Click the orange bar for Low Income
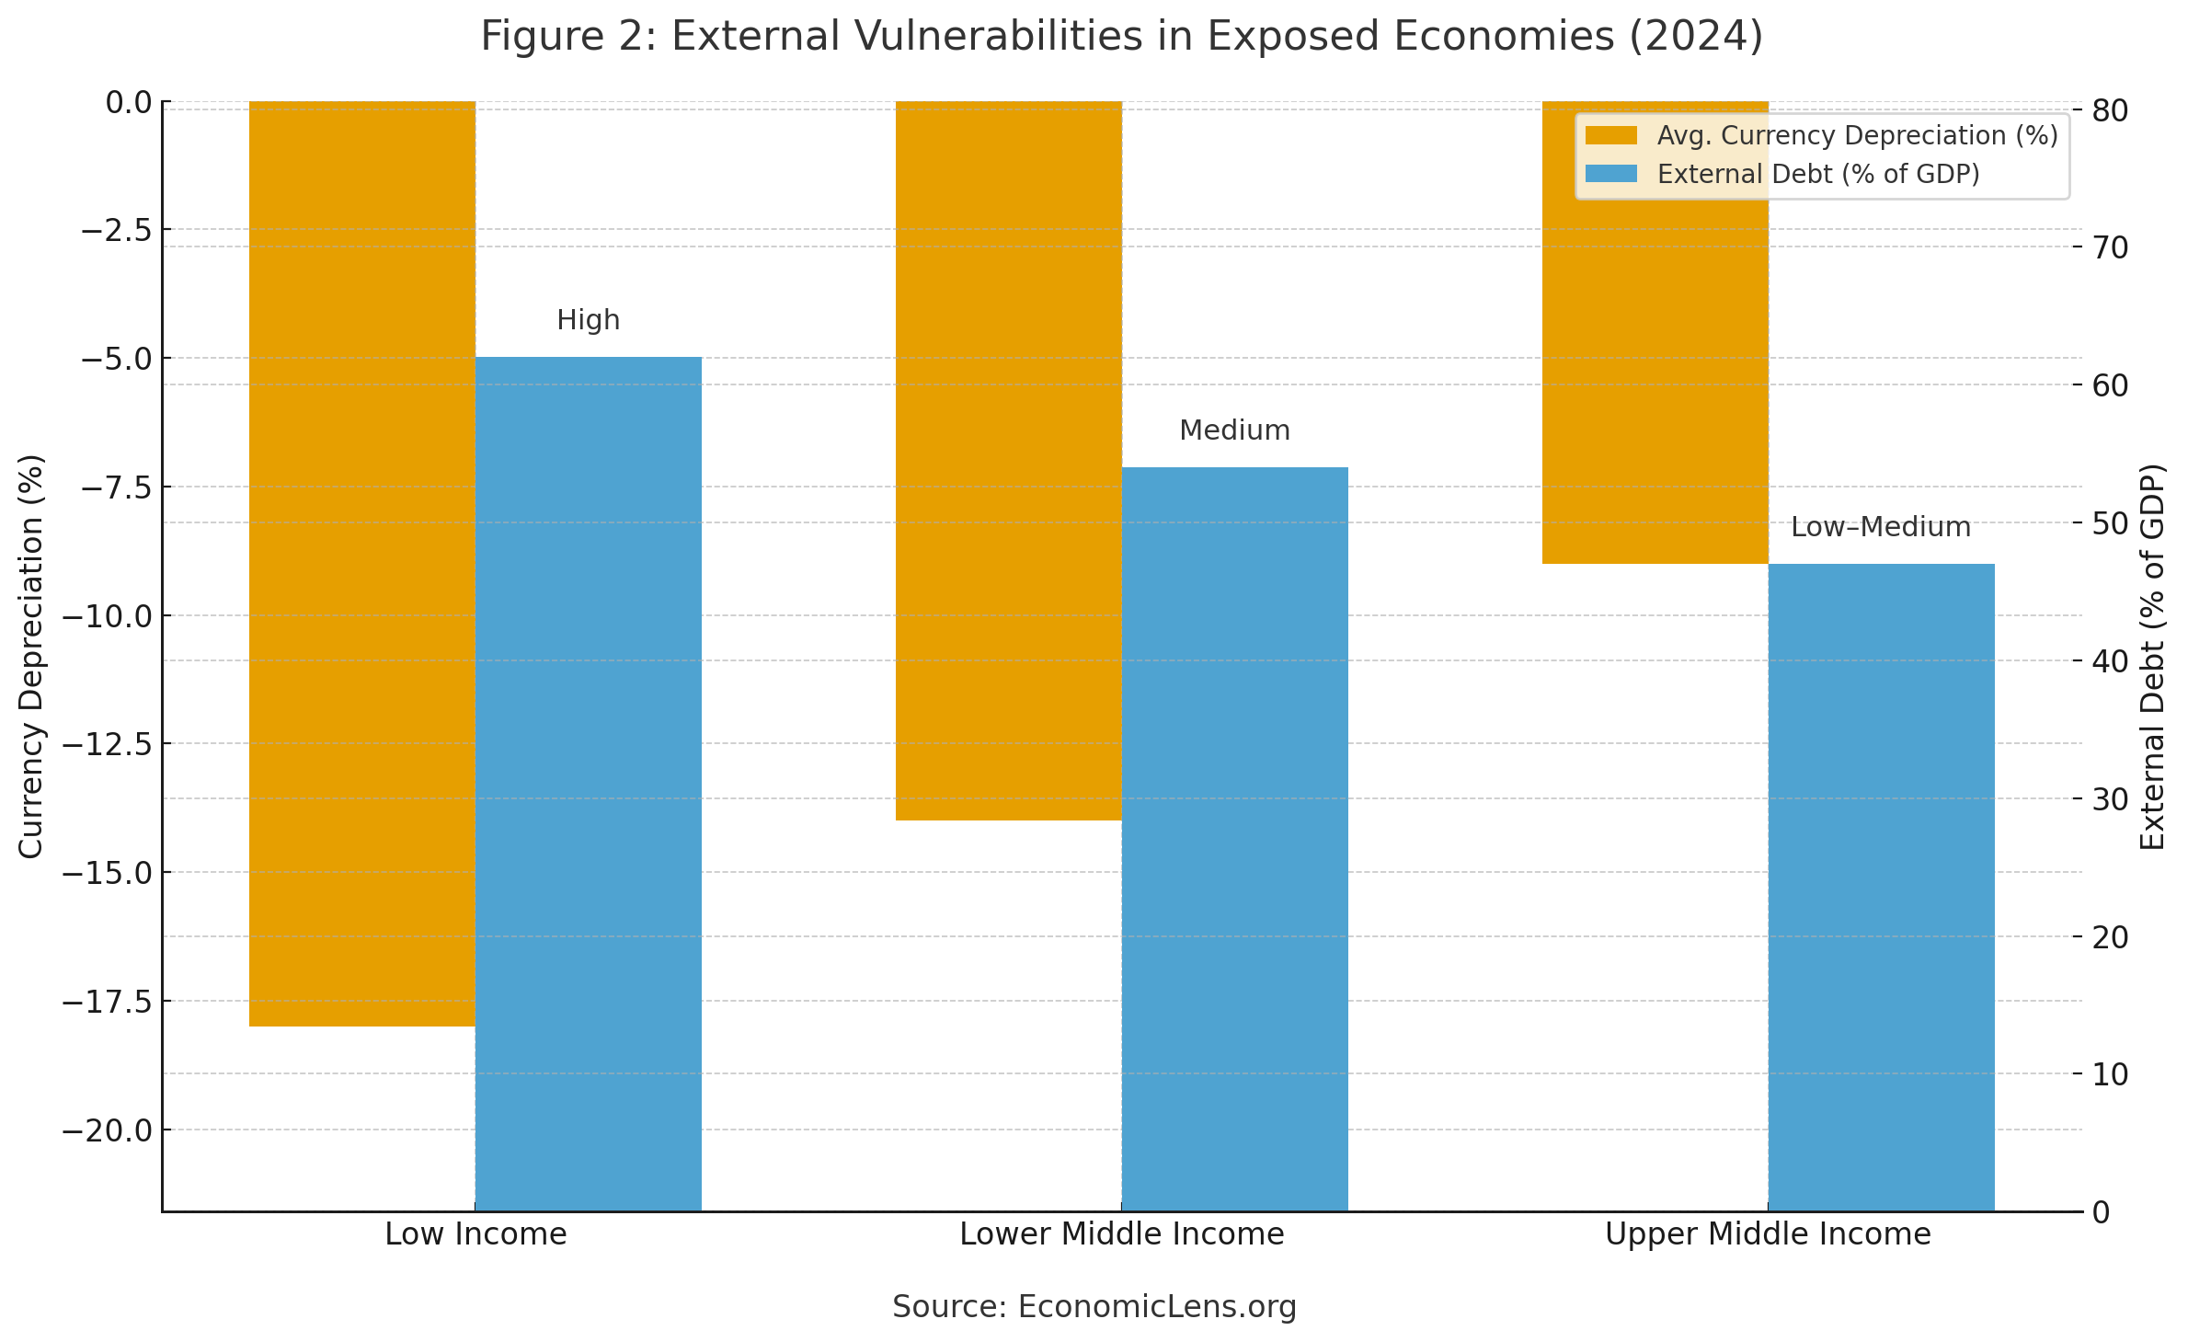pyautogui.click(x=361, y=563)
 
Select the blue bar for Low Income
pyautogui.click(x=589, y=784)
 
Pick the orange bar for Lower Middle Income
pyautogui.click(x=1008, y=460)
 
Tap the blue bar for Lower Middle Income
pyautogui.click(x=1234, y=839)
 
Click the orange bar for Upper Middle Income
pyautogui.click(x=1655, y=332)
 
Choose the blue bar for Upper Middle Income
pyautogui.click(x=1881, y=887)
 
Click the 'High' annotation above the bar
pyautogui.click(x=589, y=320)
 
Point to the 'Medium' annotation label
pyautogui.click(x=1234, y=430)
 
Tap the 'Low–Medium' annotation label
pyautogui.click(x=1881, y=527)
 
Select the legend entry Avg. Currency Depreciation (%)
pyautogui.click(x=1856, y=136)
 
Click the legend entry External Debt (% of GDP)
pyautogui.click(x=1817, y=174)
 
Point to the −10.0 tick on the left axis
pyautogui.click(x=107, y=615)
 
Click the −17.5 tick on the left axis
pyautogui.click(x=107, y=1001)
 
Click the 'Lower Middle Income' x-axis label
pyautogui.click(x=1121, y=1234)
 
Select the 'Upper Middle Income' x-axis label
pyautogui.click(x=1768, y=1234)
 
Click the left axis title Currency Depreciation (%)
pyautogui.click(x=31, y=656)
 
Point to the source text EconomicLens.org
pyautogui.click(x=1157, y=1306)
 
